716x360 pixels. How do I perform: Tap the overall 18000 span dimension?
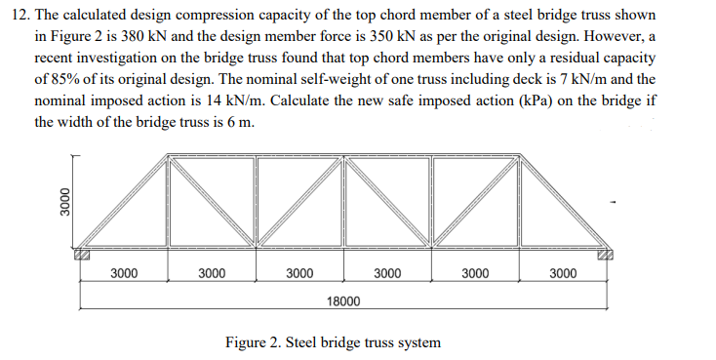(x=343, y=302)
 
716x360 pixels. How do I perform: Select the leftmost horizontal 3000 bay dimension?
(x=124, y=273)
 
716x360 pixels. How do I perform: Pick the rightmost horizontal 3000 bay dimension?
(x=563, y=273)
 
